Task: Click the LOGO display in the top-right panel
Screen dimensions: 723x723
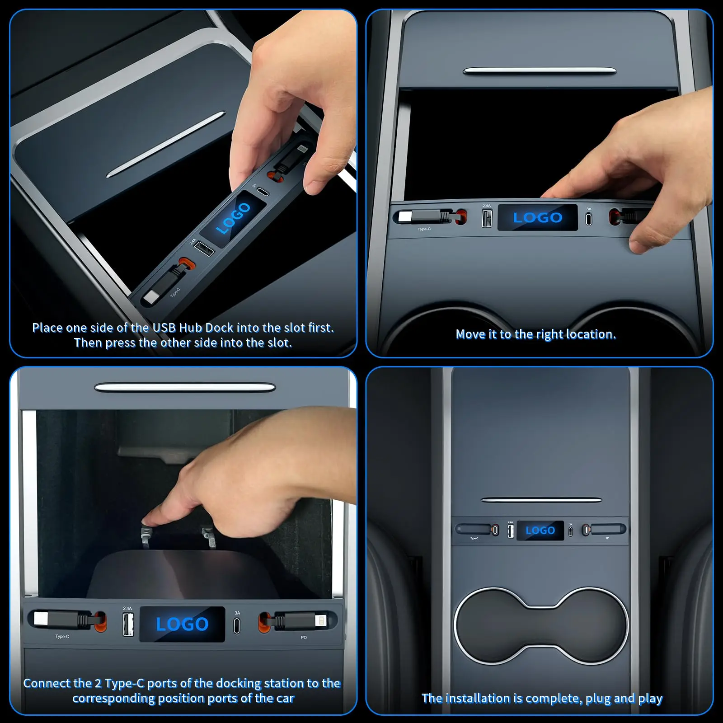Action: (x=537, y=217)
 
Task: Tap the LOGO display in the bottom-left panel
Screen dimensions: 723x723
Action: (x=182, y=624)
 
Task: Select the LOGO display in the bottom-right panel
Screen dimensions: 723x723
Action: (x=540, y=531)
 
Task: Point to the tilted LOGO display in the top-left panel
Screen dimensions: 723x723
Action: (x=233, y=218)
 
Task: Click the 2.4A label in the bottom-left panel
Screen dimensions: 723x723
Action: (x=127, y=609)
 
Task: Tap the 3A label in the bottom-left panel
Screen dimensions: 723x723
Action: (x=237, y=613)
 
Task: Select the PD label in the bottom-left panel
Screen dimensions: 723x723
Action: (x=304, y=638)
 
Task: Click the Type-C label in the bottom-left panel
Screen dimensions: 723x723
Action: (x=62, y=637)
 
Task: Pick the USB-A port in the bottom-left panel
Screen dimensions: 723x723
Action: (x=128, y=625)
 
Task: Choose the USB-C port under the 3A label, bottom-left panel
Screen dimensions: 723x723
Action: (x=237, y=626)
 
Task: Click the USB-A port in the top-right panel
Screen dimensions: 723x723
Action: (x=487, y=219)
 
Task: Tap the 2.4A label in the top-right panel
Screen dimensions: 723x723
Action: (x=486, y=206)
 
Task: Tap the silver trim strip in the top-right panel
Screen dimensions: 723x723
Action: (x=540, y=71)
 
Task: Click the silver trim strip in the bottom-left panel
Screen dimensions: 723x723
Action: (x=185, y=388)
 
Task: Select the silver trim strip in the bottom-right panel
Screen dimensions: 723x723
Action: (x=541, y=500)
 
